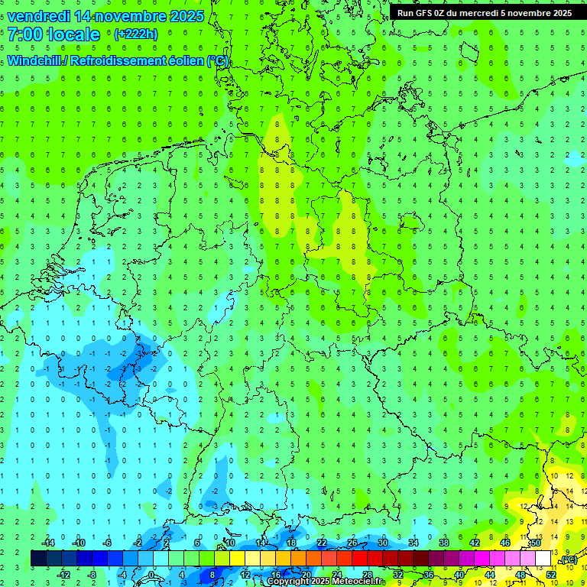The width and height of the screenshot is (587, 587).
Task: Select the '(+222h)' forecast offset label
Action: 136,34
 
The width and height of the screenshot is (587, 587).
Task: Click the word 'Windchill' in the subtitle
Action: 35,60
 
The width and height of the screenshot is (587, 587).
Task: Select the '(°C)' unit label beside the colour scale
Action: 568,559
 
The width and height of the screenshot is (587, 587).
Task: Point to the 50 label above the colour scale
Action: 536,543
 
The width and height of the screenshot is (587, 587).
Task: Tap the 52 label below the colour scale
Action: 551,574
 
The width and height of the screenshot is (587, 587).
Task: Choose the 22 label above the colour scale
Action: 322,543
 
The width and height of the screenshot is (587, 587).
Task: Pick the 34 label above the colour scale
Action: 413,543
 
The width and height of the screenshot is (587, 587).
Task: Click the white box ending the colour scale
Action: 543,559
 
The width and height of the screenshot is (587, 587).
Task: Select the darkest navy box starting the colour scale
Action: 38,559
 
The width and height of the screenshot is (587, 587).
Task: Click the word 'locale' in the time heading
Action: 73,34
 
